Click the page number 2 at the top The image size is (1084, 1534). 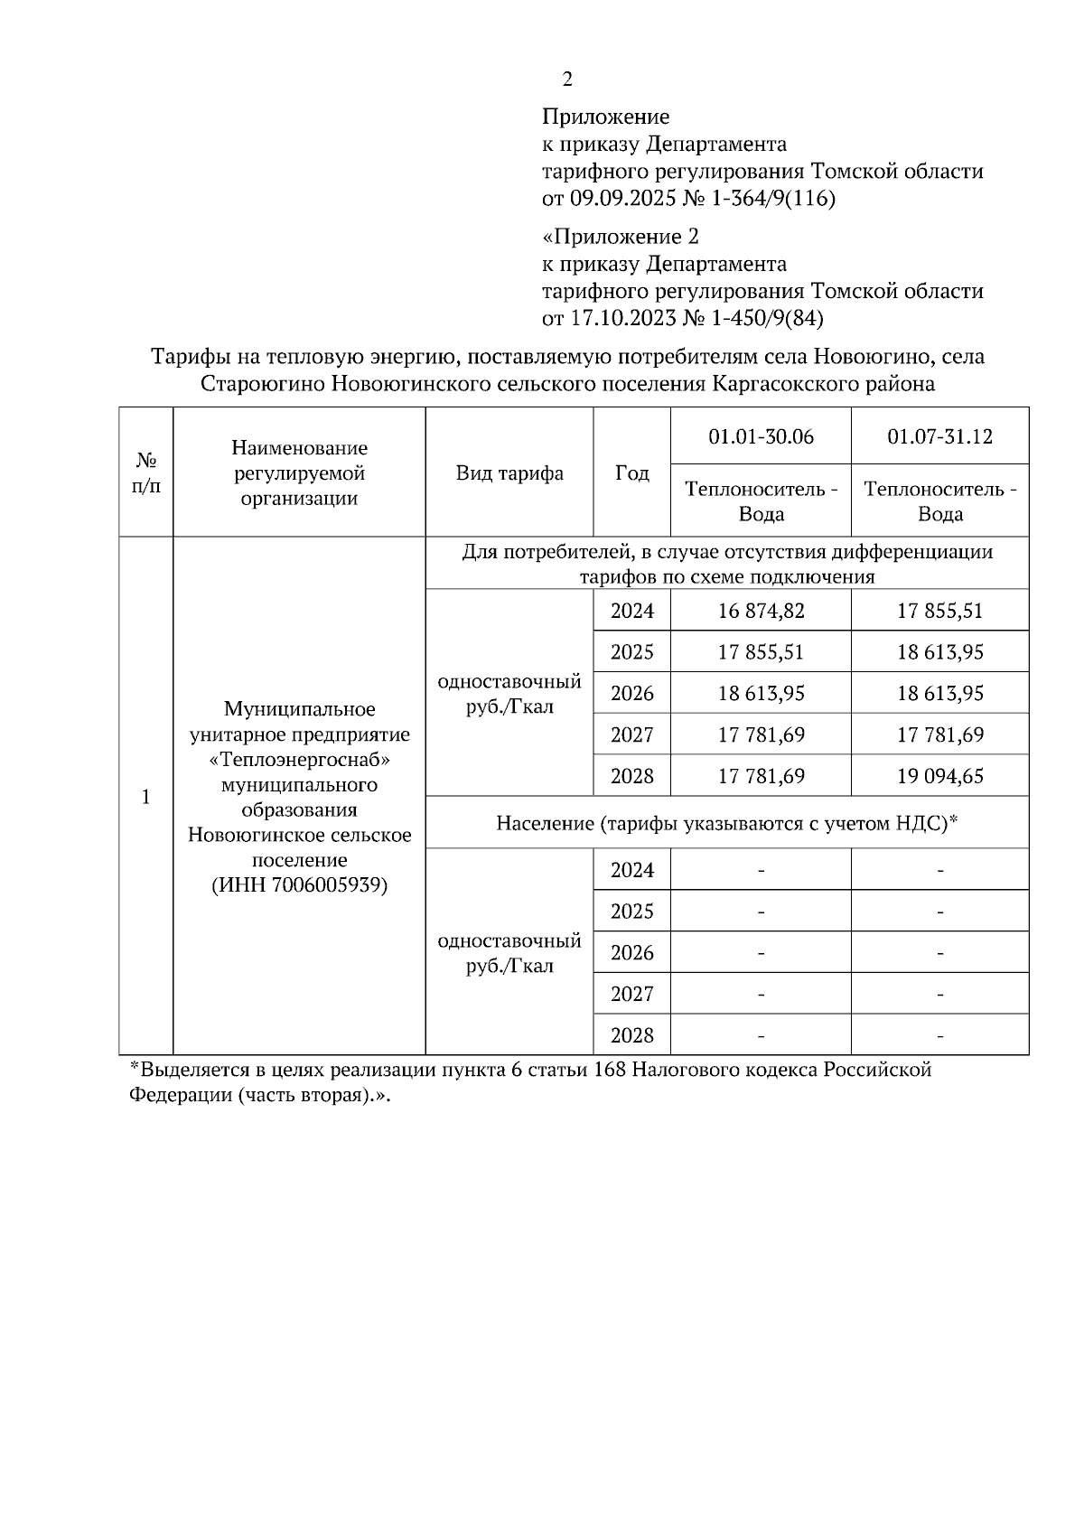(566, 80)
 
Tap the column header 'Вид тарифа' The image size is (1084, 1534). (509, 473)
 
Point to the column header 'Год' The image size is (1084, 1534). (631, 473)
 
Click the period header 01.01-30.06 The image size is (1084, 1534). (761, 437)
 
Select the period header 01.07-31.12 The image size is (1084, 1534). (939, 437)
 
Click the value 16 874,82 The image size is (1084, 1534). (761, 611)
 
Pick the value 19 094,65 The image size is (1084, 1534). (939, 776)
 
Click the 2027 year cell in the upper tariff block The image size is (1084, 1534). (631, 734)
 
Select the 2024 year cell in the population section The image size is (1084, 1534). (631, 870)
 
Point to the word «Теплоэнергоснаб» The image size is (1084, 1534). (299, 759)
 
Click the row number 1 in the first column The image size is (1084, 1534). (145, 797)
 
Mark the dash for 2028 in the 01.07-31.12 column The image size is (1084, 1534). (939, 1035)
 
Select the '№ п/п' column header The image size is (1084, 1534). (145, 473)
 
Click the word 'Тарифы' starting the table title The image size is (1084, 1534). (183, 357)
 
